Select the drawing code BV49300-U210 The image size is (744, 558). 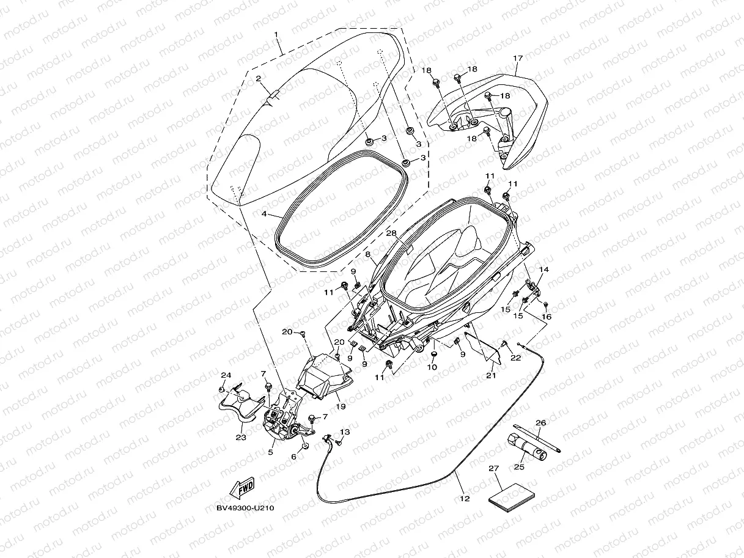point(245,507)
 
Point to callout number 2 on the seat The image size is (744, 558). point(259,79)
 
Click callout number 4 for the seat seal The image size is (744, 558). point(264,215)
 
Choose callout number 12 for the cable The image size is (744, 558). point(465,499)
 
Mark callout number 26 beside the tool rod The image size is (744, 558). point(540,423)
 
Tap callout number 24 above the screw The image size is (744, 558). point(226,375)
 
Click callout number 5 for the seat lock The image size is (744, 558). point(270,453)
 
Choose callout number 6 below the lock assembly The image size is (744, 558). point(294,457)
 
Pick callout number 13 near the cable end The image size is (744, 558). point(344,431)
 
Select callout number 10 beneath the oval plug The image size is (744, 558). point(432,368)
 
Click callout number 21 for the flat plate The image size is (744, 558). point(490,375)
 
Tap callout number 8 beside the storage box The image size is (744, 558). point(367,254)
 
